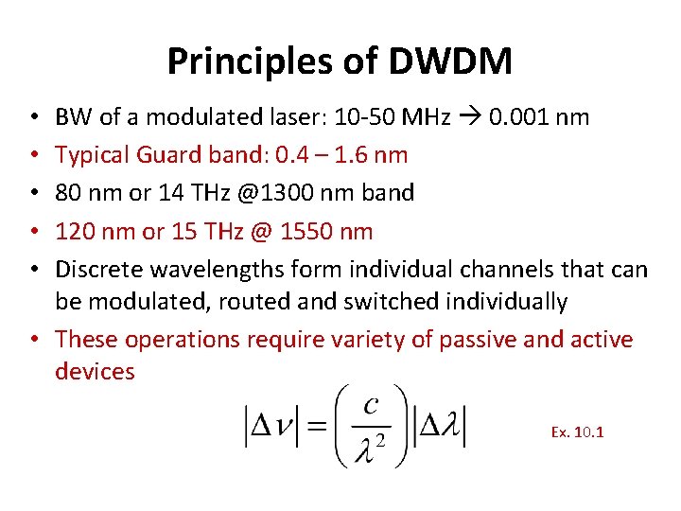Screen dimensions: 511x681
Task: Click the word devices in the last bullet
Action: tap(95, 371)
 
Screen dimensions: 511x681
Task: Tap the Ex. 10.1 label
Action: tap(577, 432)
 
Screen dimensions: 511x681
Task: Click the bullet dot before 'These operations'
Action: tap(33, 339)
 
